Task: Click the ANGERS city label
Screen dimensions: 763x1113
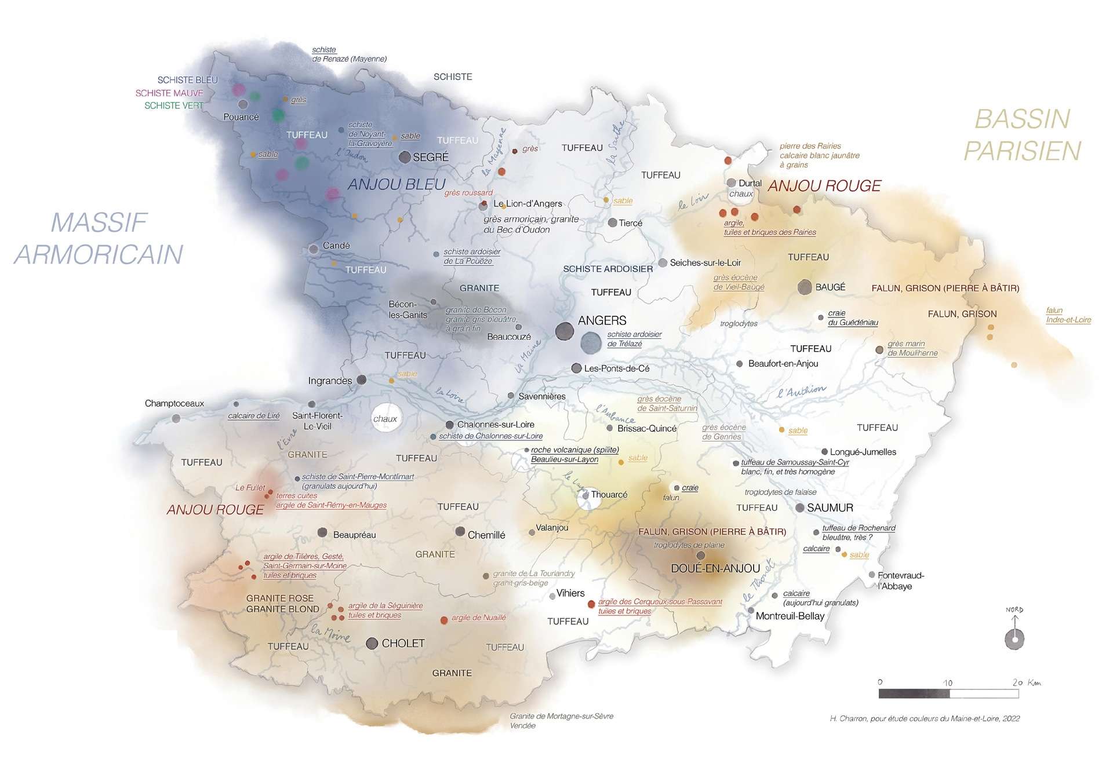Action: [602, 320]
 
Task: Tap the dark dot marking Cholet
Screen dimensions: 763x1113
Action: [372, 643]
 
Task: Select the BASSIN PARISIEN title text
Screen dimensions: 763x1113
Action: [1022, 134]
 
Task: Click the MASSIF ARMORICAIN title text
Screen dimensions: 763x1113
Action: [99, 238]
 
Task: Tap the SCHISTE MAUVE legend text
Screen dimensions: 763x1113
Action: [169, 93]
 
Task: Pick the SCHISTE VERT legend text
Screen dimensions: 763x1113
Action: [173, 105]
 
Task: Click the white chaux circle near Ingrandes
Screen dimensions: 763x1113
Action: [385, 418]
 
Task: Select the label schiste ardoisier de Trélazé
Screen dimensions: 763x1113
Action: [634, 339]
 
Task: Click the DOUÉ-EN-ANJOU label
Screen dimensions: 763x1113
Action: [715, 568]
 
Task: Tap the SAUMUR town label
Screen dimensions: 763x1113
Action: [830, 508]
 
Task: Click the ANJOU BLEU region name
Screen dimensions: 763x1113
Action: [397, 184]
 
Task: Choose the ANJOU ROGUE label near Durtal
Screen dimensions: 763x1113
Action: [824, 185]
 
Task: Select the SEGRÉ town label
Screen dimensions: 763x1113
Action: [430, 157]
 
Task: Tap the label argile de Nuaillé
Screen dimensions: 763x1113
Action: [478, 618]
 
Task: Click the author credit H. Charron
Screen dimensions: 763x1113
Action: [924, 718]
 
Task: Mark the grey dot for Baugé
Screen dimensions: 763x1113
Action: [804, 287]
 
